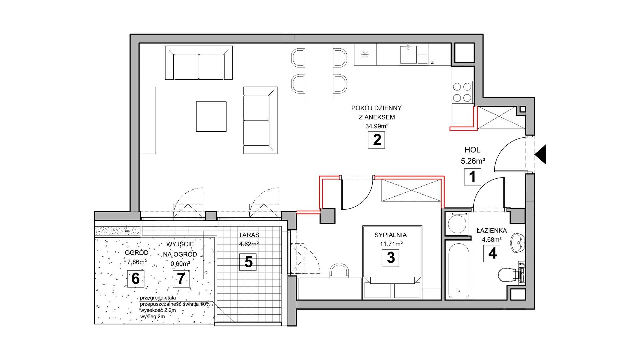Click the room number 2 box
[x=376, y=140]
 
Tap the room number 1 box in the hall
[x=473, y=177]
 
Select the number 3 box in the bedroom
[x=391, y=258]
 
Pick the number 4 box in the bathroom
[x=492, y=253]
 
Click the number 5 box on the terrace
[x=248, y=262]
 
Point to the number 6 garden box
[x=136, y=279]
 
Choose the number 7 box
[x=181, y=279]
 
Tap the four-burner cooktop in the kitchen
[x=462, y=92]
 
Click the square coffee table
[x=211, y=117]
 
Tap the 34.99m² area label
[x=377, y=126]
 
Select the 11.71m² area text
[x=391, y=244]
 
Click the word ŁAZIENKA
[x=492, y=231]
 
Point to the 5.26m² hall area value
[x=473, y=161]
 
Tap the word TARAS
[x=249, y=235]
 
